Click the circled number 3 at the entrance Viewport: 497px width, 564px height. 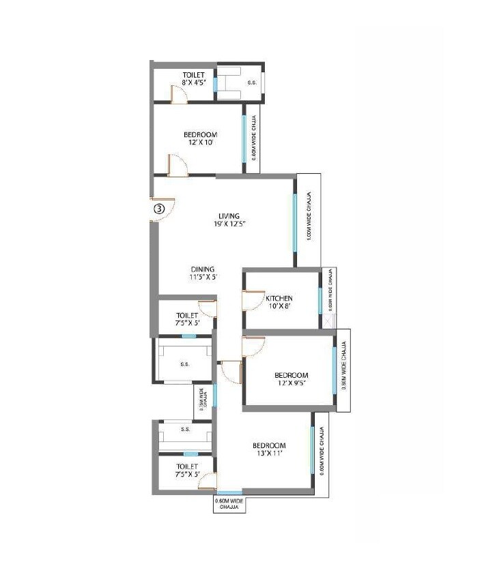pos(158,209)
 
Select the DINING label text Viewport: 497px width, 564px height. pos(202,269)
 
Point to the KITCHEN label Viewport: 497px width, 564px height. pos(279,299)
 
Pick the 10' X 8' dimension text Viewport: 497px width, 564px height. pos(279,307)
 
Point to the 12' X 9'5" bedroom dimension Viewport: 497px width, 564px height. pos(292,383)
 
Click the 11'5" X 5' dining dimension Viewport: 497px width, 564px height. pos(202,277)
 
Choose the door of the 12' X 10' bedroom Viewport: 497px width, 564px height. pos(176,166)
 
